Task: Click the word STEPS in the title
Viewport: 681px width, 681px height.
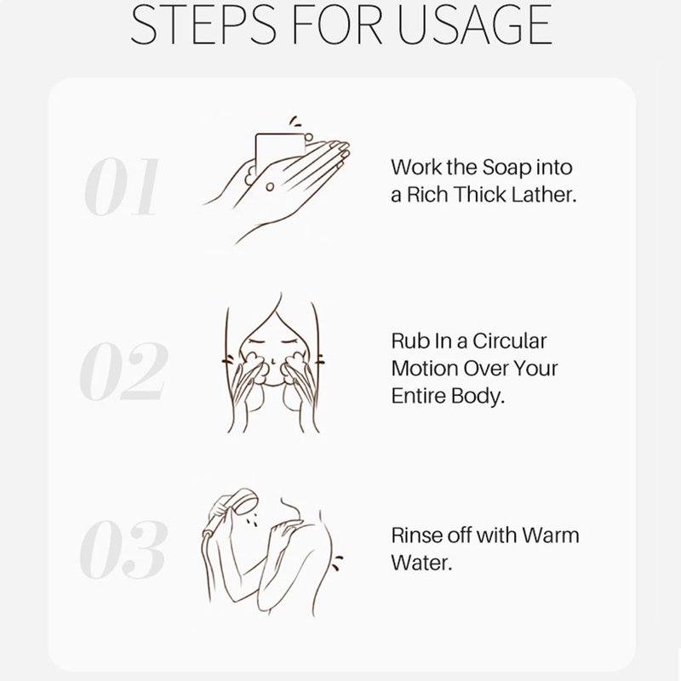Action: pyautogui.click(x=203, y=25)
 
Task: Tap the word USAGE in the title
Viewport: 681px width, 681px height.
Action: pyautogui.click(x=474, y=25)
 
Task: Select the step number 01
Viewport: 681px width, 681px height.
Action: pyautogui.click(x=122, y=186)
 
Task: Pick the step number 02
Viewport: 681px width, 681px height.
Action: pyautogui.click(x=123, y=370)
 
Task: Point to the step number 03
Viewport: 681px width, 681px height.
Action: pyautogui.click(x=123, y=549)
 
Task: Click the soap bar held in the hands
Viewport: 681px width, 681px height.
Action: pyautogui.click(x=280, y=152)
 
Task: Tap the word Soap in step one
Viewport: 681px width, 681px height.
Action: pyautogui.click(x=506, y=168)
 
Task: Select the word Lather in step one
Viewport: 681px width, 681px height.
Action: pyautogui.click(x=544, y=195)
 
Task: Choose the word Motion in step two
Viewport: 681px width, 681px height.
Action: pyautogui.click(x=425, y=369)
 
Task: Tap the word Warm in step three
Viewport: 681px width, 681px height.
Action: pyautogui.click(x=550, y=535)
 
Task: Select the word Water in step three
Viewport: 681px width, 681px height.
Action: pyautogui.click(x=421, y=563)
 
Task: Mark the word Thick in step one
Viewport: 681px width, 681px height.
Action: pyautogui.click(x=480, y=195)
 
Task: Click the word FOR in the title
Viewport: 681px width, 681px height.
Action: pyautogui.click(x=336, y=25)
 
